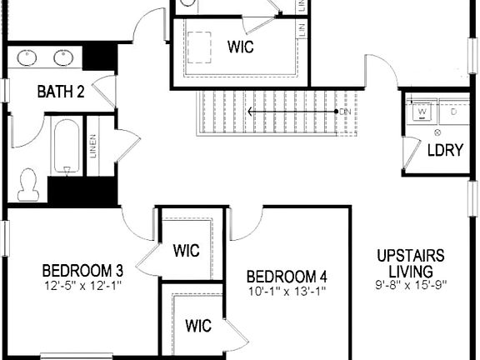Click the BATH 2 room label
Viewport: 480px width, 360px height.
[61, 92]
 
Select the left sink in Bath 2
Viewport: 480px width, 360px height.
[28, 57]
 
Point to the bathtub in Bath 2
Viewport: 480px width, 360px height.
[66, 147]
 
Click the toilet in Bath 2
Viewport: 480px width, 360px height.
[29, 183]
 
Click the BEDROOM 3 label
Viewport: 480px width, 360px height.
[82, 270]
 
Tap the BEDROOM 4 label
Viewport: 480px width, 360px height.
[287, 276]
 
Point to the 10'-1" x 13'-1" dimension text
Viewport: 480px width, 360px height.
[287, 292]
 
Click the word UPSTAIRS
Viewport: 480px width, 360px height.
[410, 256]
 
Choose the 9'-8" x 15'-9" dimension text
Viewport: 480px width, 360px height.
[410, 286]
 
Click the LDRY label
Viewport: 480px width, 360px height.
[441, 151]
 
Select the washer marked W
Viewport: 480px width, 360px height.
[422, 110]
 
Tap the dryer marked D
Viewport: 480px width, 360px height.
[453, 110]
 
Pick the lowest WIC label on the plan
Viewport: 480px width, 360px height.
[197, 324]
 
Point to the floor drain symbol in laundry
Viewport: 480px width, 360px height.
[438, 132]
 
